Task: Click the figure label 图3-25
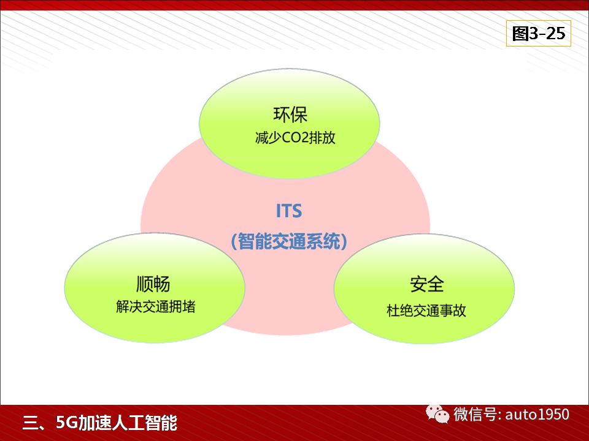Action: point(538,34)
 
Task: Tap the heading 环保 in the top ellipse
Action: point(290,115)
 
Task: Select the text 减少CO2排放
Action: point(295,138)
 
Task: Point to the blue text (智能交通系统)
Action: point(288,241)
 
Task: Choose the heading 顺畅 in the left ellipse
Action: point(153,284)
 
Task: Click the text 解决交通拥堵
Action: point(155,307)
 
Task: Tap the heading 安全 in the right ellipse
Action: point(427,284)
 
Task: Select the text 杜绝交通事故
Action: point(426,311)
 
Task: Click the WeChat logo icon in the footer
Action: point(437,414)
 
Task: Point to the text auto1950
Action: point(537,415)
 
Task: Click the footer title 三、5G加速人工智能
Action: point(100,423)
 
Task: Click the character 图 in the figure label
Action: point(520,34)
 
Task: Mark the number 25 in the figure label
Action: point(556,34)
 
